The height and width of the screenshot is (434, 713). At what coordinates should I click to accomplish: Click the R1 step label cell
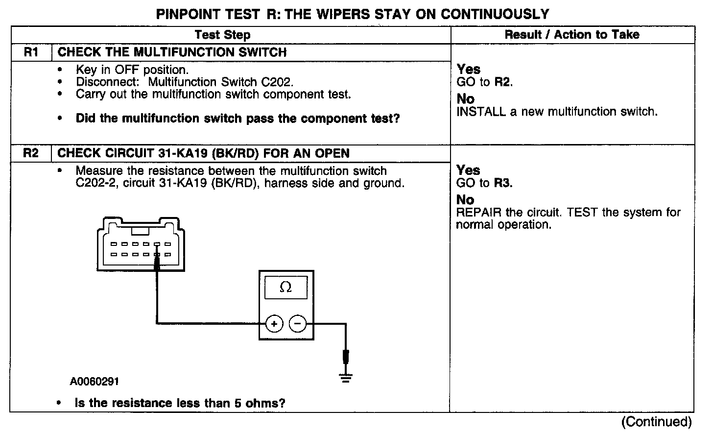(x=30, y=52)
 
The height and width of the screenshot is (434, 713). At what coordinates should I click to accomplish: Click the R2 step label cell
(x=30, y=153)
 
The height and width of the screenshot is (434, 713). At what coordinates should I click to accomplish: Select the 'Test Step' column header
(x=222, y=35)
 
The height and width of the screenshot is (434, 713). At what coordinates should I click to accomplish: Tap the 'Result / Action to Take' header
(x=572, y=35)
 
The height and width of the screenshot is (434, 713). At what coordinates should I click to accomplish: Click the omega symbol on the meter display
(x=285, y=288)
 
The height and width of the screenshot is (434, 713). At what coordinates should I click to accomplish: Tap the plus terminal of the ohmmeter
(x=274, y=324)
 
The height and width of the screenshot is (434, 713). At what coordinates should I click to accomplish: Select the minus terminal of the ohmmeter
(x=298, y=324)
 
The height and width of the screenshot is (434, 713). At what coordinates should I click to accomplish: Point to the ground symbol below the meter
(x=346, y=377)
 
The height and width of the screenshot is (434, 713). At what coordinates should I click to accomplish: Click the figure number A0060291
(x=94, y=382)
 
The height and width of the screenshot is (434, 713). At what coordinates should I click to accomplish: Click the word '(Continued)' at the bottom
(x=656, y=422)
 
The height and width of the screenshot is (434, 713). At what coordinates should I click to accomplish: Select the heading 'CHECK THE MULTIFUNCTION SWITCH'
(x=172, y=52)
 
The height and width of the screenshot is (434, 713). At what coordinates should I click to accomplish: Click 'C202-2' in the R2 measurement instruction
(x=87, y=184)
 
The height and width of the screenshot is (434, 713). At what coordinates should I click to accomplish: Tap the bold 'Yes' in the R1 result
(x=468, y=70)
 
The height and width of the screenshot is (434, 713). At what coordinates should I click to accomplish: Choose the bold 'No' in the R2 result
(x=465, y=200)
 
